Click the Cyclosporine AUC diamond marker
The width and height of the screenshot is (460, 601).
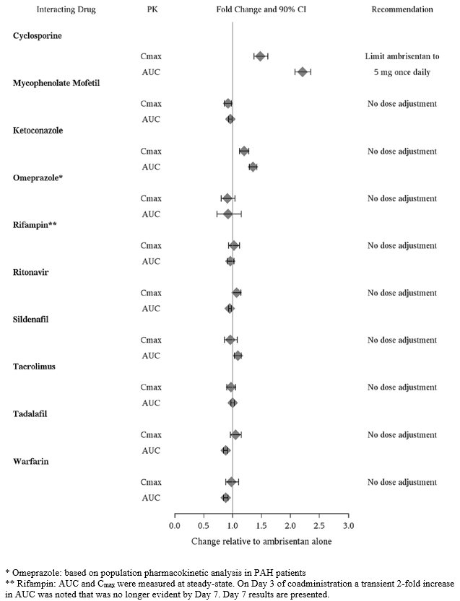pyautogui.click(x=303, y=71)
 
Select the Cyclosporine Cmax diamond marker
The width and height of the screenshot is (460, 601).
pyautogui.click(x=261, y=56)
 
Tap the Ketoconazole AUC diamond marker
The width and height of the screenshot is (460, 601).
pyautogui.click(x=253, y=167)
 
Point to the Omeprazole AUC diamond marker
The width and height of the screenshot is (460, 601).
pyautogui.click(x=228, y=214)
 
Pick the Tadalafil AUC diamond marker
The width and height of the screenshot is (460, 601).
pyautogui.click(x=226, y=450)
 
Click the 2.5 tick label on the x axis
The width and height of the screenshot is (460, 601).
pyautogui.click(x=319, y=525)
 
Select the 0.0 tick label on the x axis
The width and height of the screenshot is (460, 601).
pyautogui.click(x=175, y=525)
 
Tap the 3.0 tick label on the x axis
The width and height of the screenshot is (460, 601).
pyautogui.click(x=348, y=525)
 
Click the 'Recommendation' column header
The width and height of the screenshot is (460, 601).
pyautogui.click(x=402, y=10)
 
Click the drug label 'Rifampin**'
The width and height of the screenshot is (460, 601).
pyautogui.click(x=35, y=225)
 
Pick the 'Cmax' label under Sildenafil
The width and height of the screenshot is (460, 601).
pyautogui.click(x=151, y=340)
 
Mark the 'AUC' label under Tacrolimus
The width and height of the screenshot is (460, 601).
pyautogui.click(x=151, y=403)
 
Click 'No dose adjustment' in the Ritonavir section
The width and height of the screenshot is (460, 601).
pyautogui.click(x=402, y=292)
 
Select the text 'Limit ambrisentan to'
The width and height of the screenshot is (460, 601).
pyautogui.click(x=402, y=56)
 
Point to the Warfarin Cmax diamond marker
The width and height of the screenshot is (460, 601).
pyautogui.click(x=231, y=481)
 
